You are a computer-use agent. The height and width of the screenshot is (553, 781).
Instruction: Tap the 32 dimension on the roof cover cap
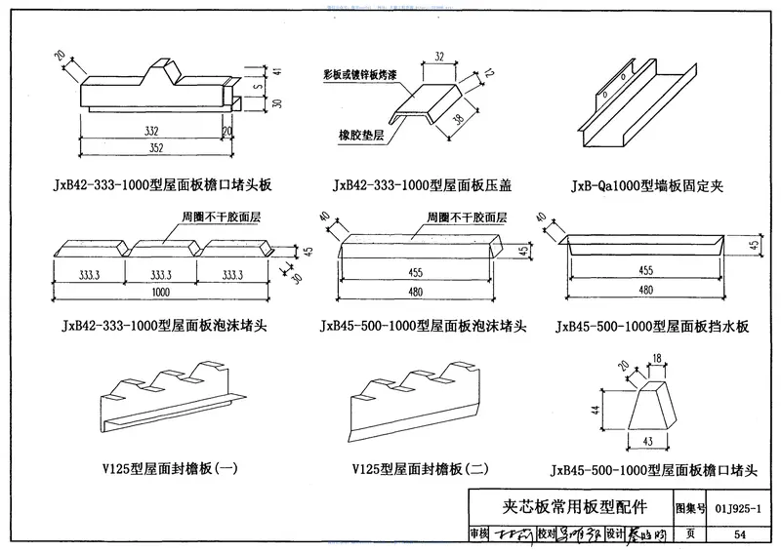[439, 57]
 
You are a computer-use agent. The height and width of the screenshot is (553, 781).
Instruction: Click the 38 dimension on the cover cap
[458, 120]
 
